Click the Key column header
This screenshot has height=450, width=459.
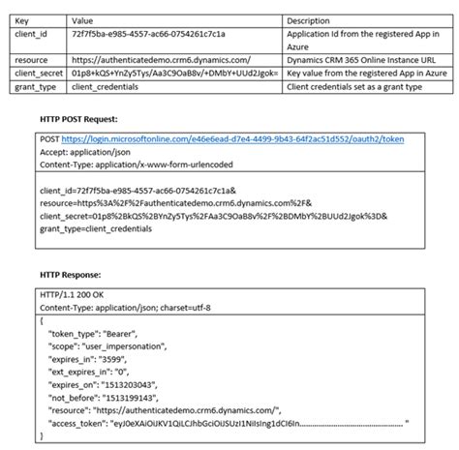(22, 19)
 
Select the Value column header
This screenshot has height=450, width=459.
(84, 19)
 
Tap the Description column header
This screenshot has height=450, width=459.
(311, 19)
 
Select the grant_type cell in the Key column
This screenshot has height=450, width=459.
(36, 85)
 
